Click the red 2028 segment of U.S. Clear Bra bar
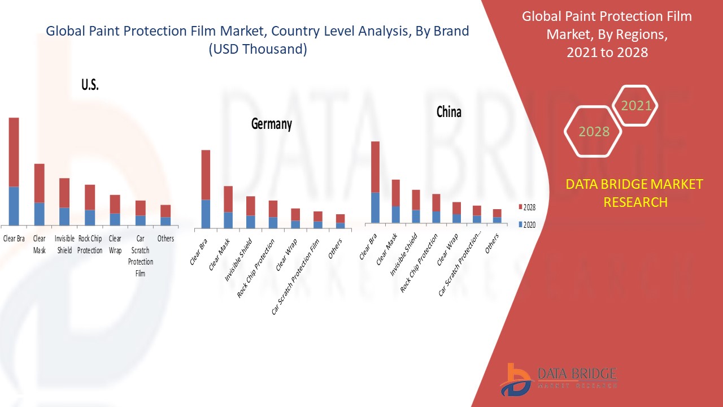tap(14, 151)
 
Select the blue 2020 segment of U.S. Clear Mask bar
tap(39, 214)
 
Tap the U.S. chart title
tap(90, 85)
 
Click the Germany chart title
tap(272, 124)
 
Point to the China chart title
tap(448, 112)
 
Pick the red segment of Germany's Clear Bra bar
tap(206, 175)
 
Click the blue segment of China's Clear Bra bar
tap(375, 207)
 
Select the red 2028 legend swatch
tap(520, 207)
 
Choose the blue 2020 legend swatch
tap(520, 224)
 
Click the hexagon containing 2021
tap(636, 105)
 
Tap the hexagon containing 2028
tap(594, 131)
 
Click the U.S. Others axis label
tap(165, 239)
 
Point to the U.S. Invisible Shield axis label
tap(64, 244)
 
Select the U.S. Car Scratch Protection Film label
tap(140, 256)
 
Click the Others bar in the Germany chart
tap(340, 221)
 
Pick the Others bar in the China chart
tap(496, 216)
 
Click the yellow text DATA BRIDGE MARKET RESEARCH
tap(635, 193)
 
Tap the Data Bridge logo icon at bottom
tap(515, 379)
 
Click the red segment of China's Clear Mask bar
tap(396, 193)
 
